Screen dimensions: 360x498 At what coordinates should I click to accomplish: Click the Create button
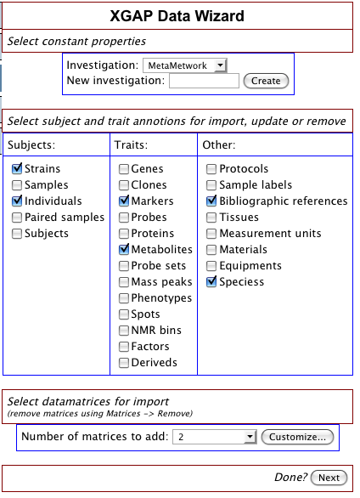[x=266, y=81]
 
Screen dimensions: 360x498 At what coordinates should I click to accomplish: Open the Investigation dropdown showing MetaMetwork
[x=185, y=65]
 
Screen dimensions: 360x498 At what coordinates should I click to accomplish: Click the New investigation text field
[x=204, y=81]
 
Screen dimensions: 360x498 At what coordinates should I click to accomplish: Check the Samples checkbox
[x=17, y=185]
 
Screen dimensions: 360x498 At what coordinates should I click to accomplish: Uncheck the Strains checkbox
[x=17, y=168]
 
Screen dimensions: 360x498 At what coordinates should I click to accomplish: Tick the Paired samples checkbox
[x=17, y=218]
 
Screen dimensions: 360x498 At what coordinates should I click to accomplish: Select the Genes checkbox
[x=124, y=168]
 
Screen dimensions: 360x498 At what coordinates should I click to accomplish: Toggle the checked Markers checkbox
[x=124, y=201]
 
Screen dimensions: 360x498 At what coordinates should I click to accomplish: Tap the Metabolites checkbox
[x=124, y=250]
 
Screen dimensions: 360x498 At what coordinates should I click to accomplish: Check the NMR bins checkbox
[x=124, y=331]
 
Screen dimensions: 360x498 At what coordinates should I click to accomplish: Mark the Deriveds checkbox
[x=124, y=363]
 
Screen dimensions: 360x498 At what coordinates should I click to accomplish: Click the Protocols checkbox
[x=211, y=168]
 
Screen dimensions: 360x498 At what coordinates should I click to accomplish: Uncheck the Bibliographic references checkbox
[x=211, y=201]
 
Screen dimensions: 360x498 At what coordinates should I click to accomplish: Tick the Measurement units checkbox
[x=211, y=234]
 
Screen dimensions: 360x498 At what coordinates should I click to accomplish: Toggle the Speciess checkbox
[x=211, y=281]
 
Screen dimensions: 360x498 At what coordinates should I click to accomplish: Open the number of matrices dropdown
[x=215, y=437]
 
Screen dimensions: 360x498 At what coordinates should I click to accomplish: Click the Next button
[x=329, y=478]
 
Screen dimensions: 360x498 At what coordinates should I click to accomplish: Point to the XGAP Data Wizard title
[x=177, y=16]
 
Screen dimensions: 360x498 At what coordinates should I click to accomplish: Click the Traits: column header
[x=131, y=144]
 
